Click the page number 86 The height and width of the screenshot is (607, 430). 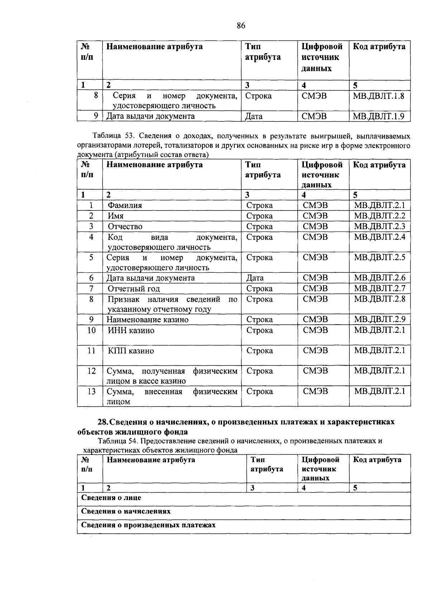[x=241, y=25]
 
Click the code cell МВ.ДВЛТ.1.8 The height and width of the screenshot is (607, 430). [x=379, y=96]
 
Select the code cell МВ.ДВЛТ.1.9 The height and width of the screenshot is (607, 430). [x=379, y=116]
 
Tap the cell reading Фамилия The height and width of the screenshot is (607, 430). [x=125, y=205]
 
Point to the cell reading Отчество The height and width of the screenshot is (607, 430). [x=125, y=227]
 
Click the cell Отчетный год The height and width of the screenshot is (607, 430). [x=134, y=288]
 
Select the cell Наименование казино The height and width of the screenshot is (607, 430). [x=147, y=320]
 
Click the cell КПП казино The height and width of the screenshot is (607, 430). [x=131, y=351]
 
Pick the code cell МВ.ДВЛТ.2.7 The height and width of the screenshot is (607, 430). [x=379, y=288]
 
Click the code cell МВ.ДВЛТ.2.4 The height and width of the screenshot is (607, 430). [x=379, y=237]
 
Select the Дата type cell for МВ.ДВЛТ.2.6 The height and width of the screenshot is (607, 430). [x=255, y=278]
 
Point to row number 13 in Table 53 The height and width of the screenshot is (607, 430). [x=91, y=392]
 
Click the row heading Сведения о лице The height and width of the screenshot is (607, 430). [x=111, y=498]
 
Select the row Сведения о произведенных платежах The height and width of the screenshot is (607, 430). [x=148, y=525]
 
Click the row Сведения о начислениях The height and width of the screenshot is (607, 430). [x=126, y=511]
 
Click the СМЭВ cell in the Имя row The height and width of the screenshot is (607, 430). [x=315, y=216]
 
